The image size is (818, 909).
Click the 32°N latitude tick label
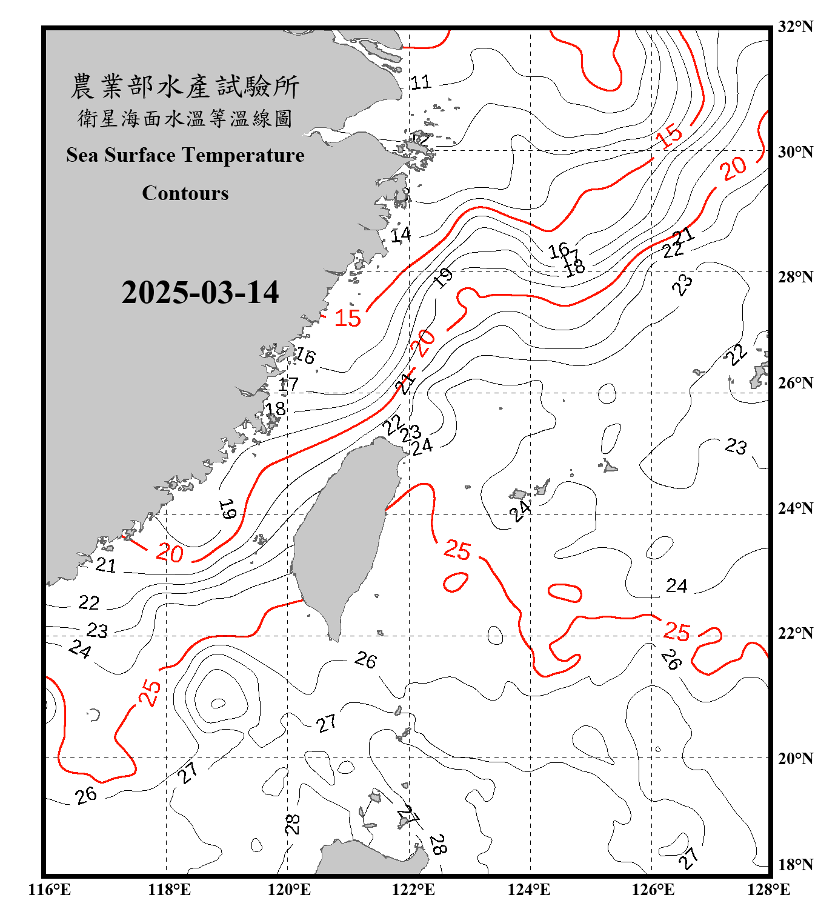tap(795, 27)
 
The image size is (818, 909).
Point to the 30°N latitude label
tap(795, 152)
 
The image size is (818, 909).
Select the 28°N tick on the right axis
tap(795, 277)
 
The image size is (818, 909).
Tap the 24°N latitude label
tap(795, 508)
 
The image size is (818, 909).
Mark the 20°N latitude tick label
tap(795, 758)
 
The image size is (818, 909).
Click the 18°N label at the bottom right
tap(795, 865)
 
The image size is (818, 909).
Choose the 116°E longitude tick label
tap(49, 890)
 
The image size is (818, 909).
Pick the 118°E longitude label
tap(169, 890)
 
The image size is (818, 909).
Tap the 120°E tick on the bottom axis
tap(289, 890)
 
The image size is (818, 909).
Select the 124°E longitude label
tap(529, 890)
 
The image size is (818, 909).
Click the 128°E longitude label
tap(768, 890)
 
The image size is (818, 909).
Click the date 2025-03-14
tap(200, 293)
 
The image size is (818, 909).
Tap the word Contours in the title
tap(185, 193)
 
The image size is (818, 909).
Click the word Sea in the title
tap(82, 155)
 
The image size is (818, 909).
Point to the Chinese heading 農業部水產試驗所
tap(185, 87)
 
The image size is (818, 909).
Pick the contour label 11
tap(421, 82)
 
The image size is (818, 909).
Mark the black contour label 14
tap(401, 235)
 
